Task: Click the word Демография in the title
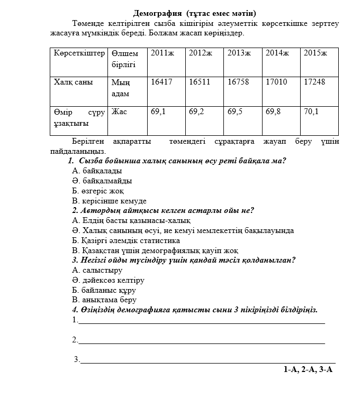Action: click(x=157, y=13)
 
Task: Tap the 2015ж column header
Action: click(x=315, y=53)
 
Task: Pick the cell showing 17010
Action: click(x=276, y=82)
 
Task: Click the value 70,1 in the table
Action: click(x=311, y=112)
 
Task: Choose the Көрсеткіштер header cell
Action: click(x=79, y=53)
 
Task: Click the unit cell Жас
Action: click(x=119, y=112)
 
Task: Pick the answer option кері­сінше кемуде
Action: click(x=109, y=201)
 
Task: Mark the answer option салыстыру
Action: click(x=97, y=270)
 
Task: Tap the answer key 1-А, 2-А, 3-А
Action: click(x=308, y=370)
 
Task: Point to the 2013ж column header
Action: click(x=239, y=53)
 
